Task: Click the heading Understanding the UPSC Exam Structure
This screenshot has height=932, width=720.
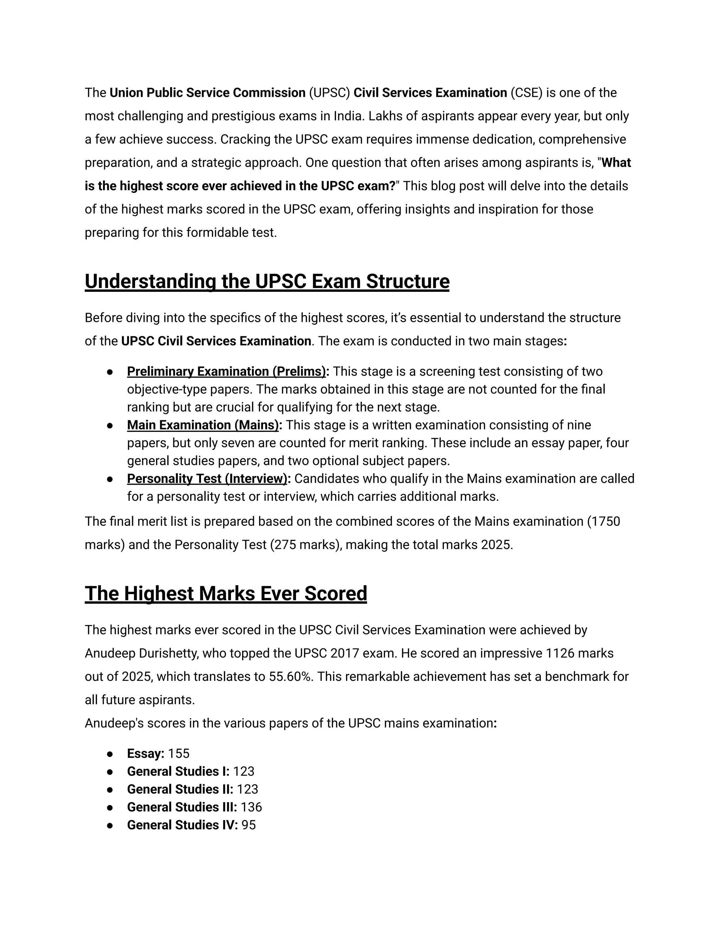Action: point(267,282)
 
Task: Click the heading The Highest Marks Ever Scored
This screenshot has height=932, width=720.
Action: point(226,594)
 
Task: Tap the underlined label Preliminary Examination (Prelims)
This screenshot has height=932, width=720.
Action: point(226,371)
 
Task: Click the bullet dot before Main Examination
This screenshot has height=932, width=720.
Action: point(110,426)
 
